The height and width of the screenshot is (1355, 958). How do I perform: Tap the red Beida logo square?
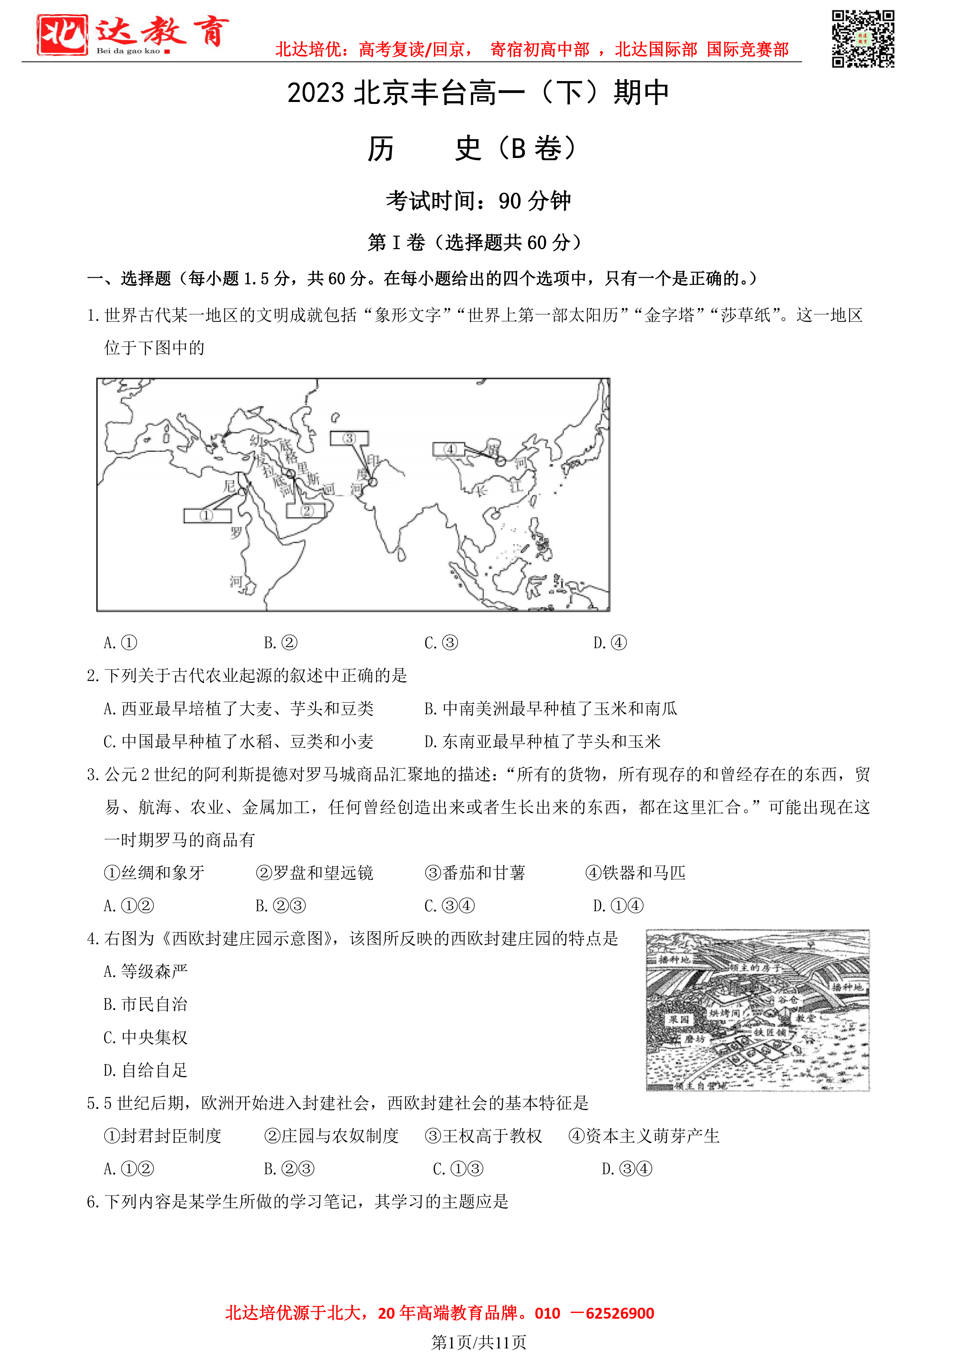(62, 35)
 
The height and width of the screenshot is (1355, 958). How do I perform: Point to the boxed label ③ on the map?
(349, 438)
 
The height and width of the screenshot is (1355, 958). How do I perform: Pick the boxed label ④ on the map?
(450, 449)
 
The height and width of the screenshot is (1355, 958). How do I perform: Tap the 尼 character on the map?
(229, 486)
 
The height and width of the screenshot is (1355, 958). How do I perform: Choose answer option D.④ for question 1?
(610, 643)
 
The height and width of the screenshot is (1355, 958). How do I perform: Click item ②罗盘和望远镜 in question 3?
(314, 873)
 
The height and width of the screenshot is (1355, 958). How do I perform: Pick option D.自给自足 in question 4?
(146, 1070)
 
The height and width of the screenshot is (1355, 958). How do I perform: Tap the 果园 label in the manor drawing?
(679, 1019)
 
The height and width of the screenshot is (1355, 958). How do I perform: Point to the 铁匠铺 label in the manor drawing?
(770, 1032)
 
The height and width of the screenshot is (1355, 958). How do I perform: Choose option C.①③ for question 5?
(458, 1169)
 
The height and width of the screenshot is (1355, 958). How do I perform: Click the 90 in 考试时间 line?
(510, 201)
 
